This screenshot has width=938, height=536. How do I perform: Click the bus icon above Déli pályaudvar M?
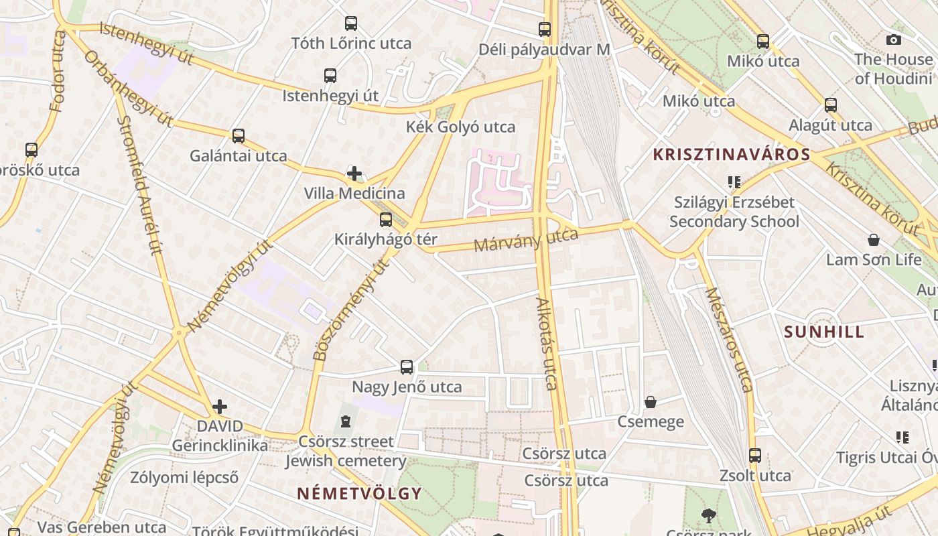(545, 29)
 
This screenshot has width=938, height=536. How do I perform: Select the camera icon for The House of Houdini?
(893, 40)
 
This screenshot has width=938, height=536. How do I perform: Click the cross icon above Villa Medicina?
(354, 174)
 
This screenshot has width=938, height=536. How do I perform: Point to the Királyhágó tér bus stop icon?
(386, 220)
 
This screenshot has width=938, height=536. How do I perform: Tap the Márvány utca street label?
(526, 240)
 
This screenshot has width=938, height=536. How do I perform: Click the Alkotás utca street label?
(547, 343)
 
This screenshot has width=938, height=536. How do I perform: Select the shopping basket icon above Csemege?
(650, 402)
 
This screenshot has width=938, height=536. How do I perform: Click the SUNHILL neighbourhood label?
(824, 332)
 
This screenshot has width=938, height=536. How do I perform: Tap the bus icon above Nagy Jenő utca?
(407, 367)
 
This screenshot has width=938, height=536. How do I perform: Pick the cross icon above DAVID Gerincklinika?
(220, 407)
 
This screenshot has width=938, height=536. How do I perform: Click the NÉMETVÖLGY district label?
(360, 494)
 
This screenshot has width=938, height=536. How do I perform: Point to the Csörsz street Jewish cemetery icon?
(345, 421)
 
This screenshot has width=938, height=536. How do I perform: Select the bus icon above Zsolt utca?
(755, 456)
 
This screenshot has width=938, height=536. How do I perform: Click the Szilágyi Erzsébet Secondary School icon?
(734, 182)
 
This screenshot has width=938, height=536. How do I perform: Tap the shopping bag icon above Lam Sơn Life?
(874, 240)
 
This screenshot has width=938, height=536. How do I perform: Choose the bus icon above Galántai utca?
(239, 136)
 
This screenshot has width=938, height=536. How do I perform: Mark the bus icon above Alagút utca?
(831, 105)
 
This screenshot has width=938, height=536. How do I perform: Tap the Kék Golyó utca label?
(461, 127)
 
